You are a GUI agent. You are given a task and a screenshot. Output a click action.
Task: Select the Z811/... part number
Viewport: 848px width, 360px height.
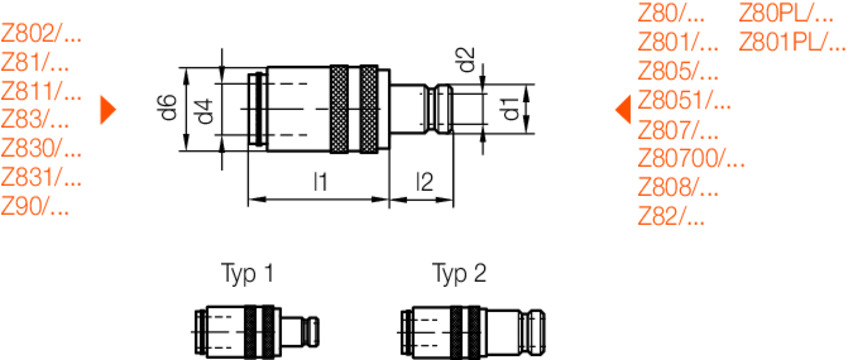(x=41, y=92)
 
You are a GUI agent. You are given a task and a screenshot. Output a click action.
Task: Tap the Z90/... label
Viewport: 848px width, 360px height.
(x=36, y=208)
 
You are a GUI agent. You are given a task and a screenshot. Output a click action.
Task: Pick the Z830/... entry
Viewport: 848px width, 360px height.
(x=41, y=150)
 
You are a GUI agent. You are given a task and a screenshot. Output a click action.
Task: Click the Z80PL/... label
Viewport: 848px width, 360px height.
(x=786, y=14)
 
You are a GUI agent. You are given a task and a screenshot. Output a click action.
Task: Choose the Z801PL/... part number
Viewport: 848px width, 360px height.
(x=792, y=43)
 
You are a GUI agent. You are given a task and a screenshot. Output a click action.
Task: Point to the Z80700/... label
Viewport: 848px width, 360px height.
(x=692, y=158)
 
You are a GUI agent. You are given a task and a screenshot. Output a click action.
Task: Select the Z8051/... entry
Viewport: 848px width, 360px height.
(x=684, y=100)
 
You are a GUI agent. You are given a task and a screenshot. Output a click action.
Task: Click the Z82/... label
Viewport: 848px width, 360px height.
(x=671, y=216)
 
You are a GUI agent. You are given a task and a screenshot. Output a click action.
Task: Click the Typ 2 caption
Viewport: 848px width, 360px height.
(x=459, y=273)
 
